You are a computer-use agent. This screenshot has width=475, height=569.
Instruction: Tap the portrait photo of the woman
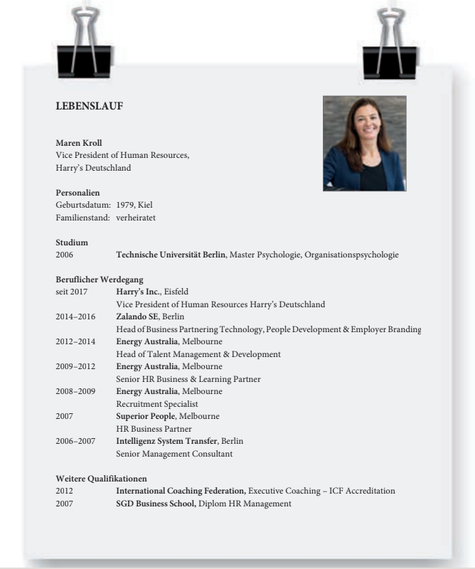coord(364,143)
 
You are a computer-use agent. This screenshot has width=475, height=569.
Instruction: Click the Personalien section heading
coord(78,193)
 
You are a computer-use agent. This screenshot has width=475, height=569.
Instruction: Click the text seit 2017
coord(71,292)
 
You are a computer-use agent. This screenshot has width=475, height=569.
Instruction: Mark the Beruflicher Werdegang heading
coord(94,280)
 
